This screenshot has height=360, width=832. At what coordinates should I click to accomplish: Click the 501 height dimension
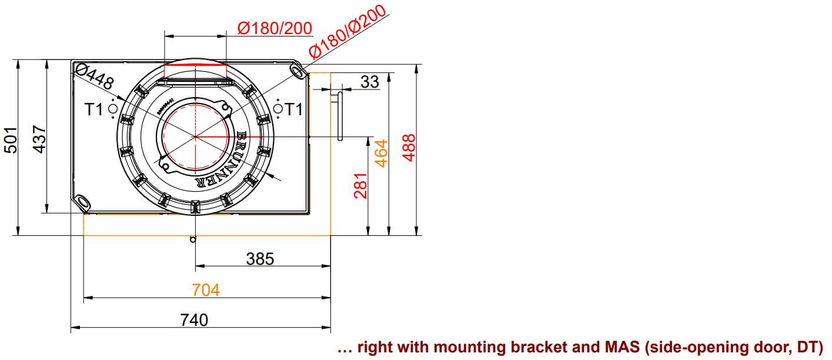(11, 140)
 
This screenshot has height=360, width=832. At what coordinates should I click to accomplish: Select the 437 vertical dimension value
(39, 139)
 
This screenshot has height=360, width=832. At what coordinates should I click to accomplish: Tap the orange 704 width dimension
(206, 290)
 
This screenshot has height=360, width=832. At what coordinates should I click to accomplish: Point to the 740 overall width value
(194, 320)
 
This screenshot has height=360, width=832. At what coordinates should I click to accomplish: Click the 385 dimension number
(260, 259)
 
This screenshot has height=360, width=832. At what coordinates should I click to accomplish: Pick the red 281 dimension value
(360, 185)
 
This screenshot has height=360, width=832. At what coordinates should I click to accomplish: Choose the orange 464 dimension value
(381, 153)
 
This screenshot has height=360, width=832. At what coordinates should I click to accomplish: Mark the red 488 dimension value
(409, 148)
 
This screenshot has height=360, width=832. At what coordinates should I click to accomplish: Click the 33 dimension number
(370, 82)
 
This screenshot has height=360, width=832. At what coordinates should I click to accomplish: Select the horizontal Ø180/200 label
(275, 28)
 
